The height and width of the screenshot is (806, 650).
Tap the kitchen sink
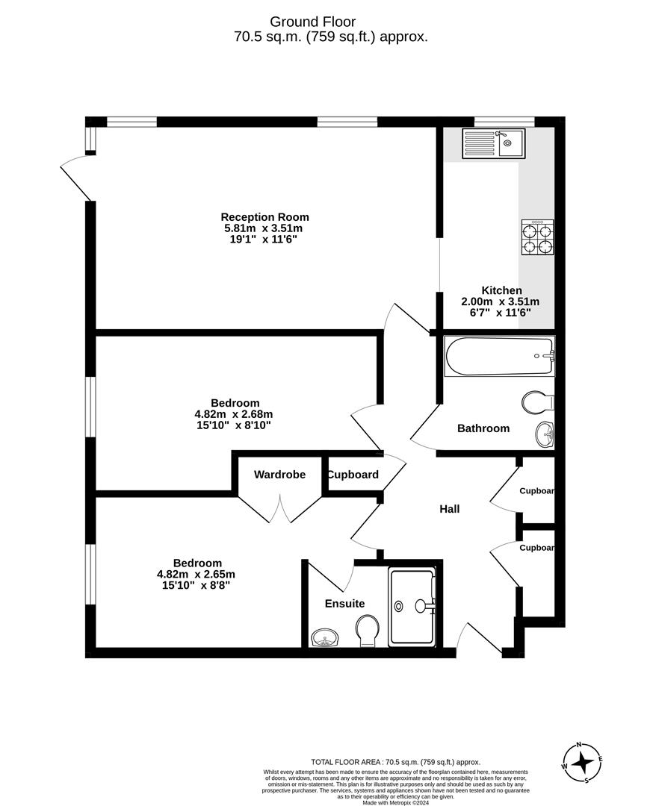click(494, 143)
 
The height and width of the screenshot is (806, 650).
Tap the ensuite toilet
click(367, 631)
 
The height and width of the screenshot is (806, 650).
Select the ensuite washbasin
click(325, 637)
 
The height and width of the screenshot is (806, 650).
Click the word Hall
click(449, 509)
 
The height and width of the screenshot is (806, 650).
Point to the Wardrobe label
click(279, 475)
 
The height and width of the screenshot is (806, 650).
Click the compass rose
click(582, 763)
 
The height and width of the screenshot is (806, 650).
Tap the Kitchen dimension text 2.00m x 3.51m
click(501, 302)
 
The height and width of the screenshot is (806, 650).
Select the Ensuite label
click(344, 603)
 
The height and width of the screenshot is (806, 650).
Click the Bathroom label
click(483, 428)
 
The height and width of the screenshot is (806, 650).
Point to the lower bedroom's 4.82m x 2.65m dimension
click(196, 574)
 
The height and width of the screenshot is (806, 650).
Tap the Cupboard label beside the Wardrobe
click(353, 475)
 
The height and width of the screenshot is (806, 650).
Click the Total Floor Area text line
click(395, 762)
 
